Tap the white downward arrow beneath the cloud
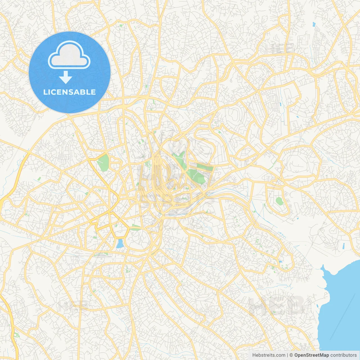pos(66,77)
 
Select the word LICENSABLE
pos(69,92)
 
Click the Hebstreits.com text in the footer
pos(269,355)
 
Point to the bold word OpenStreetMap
pos(311,355)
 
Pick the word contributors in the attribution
pos(343,355)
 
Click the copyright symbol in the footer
pos(291,355)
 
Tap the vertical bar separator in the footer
pos(287,355)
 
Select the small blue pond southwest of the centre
pos(120,244)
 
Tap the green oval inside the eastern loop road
pos(279,201)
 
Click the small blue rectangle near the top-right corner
pos(314,24)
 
